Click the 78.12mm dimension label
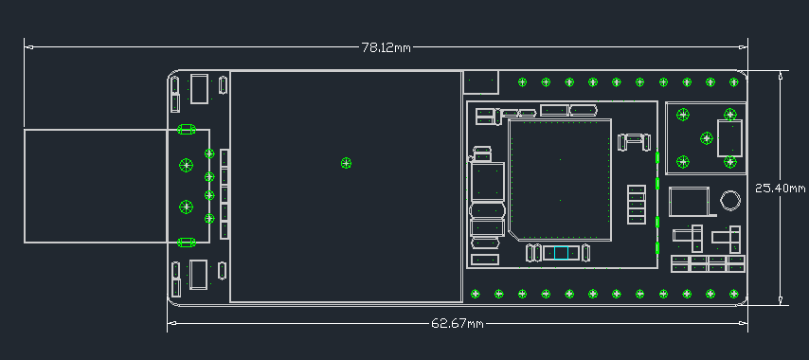[x=387, y=46]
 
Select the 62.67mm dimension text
[x=458, y=324]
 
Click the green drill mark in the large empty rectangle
[x=346, y=163]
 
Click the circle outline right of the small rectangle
[x=729, y=201]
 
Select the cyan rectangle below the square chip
[x=559, y=252]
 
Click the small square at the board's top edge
[x=481, y=82]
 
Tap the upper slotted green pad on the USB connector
[x=187, y=129]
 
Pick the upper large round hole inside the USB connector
[x=187, y=164]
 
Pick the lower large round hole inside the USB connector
[x=187, y=206]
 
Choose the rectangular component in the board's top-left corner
[x=199, y=88]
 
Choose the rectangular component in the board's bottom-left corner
[x=199, y=275]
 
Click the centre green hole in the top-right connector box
[x=706, y=138]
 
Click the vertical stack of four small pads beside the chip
[x=637, y=205]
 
